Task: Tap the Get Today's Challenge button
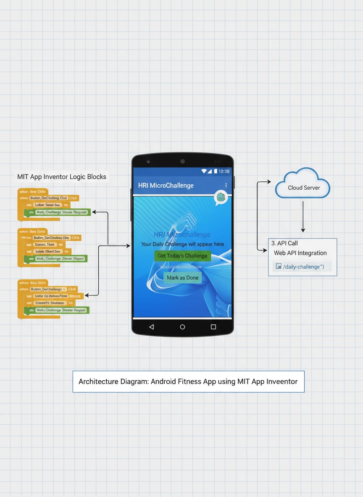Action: pos(182,256)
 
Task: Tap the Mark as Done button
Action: pos(182,277)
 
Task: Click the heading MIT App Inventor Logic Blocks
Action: pos(62,177)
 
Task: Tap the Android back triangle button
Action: pos(151,327)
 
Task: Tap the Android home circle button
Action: pos(182,327)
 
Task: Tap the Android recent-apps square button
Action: pos(213,327)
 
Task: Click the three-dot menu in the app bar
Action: pos(226,185)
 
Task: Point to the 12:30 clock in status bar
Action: pos(224,171)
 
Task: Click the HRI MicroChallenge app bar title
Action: pos(166,185)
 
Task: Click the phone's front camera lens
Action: pos(182,161)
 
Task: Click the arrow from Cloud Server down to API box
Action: pos(303,216)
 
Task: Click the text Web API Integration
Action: pos(300,253)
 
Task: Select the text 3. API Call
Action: pos(284,243)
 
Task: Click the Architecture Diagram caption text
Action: pos(188,382)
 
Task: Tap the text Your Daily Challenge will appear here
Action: pos(182,244)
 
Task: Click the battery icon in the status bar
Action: pos(216,171)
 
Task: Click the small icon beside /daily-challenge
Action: pos(278,267)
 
